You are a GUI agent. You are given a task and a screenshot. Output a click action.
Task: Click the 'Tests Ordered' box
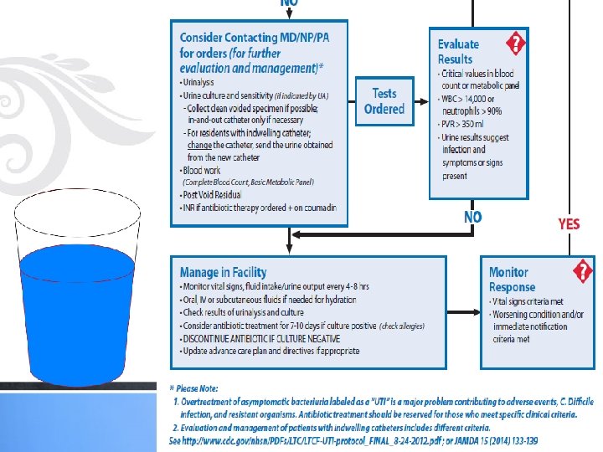[384, 100]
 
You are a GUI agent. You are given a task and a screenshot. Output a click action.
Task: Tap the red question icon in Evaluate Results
[516, 43]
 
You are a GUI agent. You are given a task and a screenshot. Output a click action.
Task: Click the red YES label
[569, 223]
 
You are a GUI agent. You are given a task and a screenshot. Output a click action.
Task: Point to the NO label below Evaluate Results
[473, 218]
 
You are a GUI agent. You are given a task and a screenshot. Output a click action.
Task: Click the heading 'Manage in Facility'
[223, 272]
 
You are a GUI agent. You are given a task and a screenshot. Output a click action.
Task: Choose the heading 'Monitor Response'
[509, 280]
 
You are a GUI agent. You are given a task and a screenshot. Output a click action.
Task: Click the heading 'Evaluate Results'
[458, 51]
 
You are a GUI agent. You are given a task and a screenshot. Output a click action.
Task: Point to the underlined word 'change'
[199, 145]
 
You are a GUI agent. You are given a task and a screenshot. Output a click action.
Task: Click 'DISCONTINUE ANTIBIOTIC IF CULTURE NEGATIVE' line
[260, 338]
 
